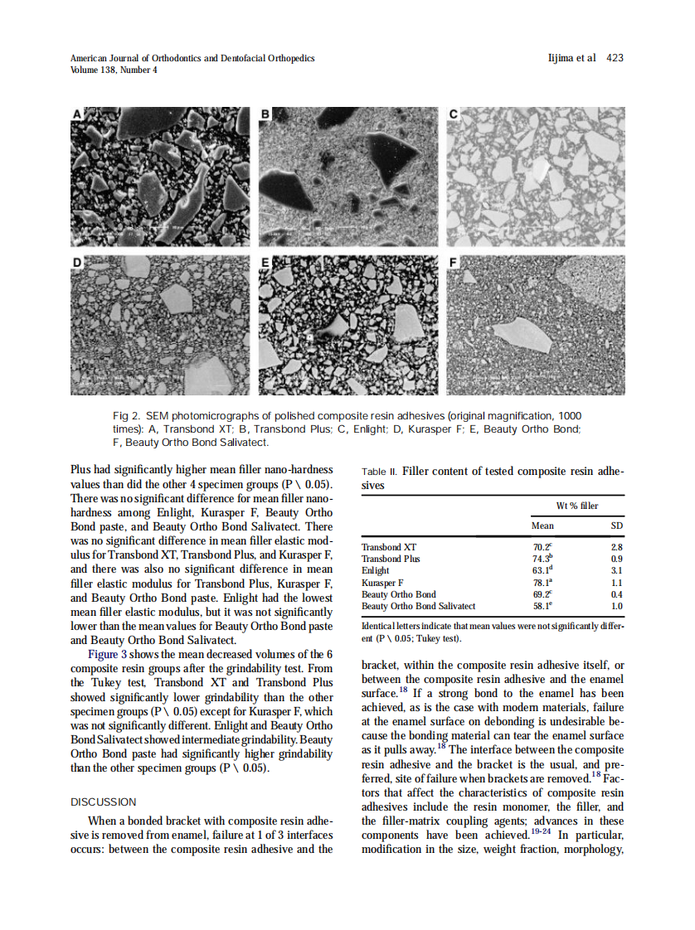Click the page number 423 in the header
tap(615, 58)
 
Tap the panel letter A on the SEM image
tap(77, 114)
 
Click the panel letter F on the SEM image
tap(453, 262)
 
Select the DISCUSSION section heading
tap(104, 802)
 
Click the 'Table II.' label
tap(379, 472)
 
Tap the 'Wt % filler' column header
tap(576, 506)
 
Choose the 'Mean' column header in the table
tap(542, 526)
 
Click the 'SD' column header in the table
tap(616, 526)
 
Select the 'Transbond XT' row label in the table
tap(389, 547)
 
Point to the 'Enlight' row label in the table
tap(376, 570)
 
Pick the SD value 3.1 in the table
tap(616, 570)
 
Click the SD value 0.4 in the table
tap(616, 594)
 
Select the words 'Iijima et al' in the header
tap(572, 58)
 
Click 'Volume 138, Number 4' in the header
tap(114, 70)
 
